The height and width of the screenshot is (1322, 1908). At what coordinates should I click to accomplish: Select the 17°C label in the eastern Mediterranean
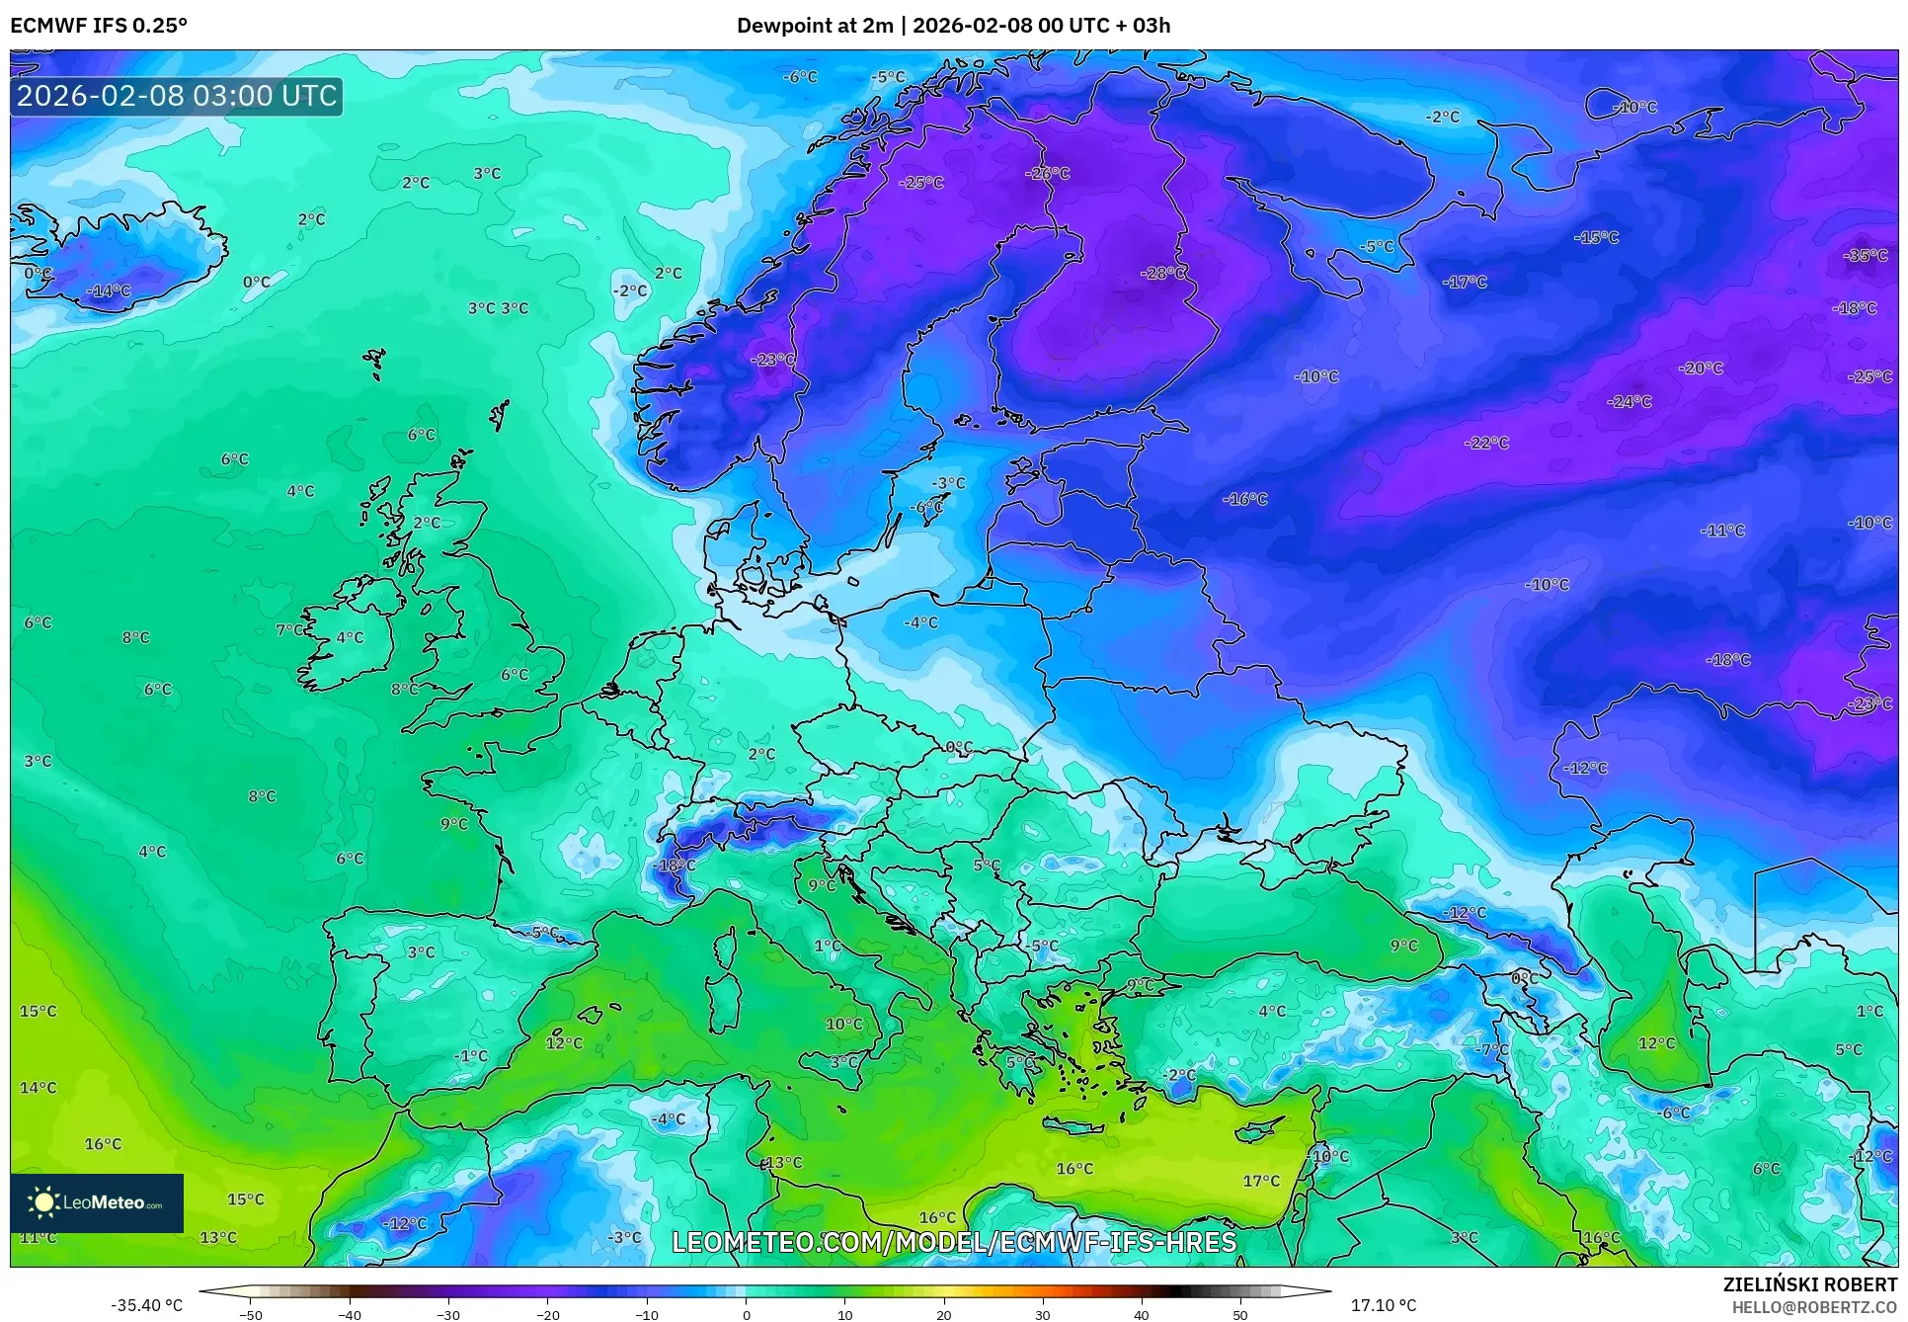1260,1181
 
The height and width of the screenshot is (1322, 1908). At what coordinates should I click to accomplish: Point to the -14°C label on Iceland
109,291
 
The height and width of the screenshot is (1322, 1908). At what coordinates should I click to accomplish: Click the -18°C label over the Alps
675,866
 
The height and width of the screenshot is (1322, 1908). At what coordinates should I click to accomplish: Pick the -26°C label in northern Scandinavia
1048,173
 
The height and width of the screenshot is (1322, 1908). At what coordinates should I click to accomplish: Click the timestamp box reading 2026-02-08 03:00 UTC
177,96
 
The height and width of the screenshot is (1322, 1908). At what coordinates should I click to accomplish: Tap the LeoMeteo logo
97,1202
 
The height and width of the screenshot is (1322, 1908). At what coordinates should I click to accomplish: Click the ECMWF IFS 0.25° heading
99,26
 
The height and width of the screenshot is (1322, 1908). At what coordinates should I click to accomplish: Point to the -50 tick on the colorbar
251,1314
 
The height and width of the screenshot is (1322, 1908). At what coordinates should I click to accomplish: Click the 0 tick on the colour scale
746,1314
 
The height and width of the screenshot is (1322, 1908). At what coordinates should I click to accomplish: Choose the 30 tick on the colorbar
1043,1314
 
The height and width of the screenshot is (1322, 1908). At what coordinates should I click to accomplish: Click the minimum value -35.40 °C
146,1305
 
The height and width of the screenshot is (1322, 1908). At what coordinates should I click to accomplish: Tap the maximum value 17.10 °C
1383,1305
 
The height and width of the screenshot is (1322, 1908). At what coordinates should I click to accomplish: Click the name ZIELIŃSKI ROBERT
1809,1284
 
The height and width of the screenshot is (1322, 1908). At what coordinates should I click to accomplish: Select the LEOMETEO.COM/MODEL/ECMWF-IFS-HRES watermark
954,1242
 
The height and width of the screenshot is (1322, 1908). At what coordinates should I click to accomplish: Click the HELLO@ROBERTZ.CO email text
1813,1307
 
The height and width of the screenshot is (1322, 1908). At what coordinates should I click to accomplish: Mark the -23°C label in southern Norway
772,360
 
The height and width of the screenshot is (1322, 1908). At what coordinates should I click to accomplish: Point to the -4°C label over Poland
920,622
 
